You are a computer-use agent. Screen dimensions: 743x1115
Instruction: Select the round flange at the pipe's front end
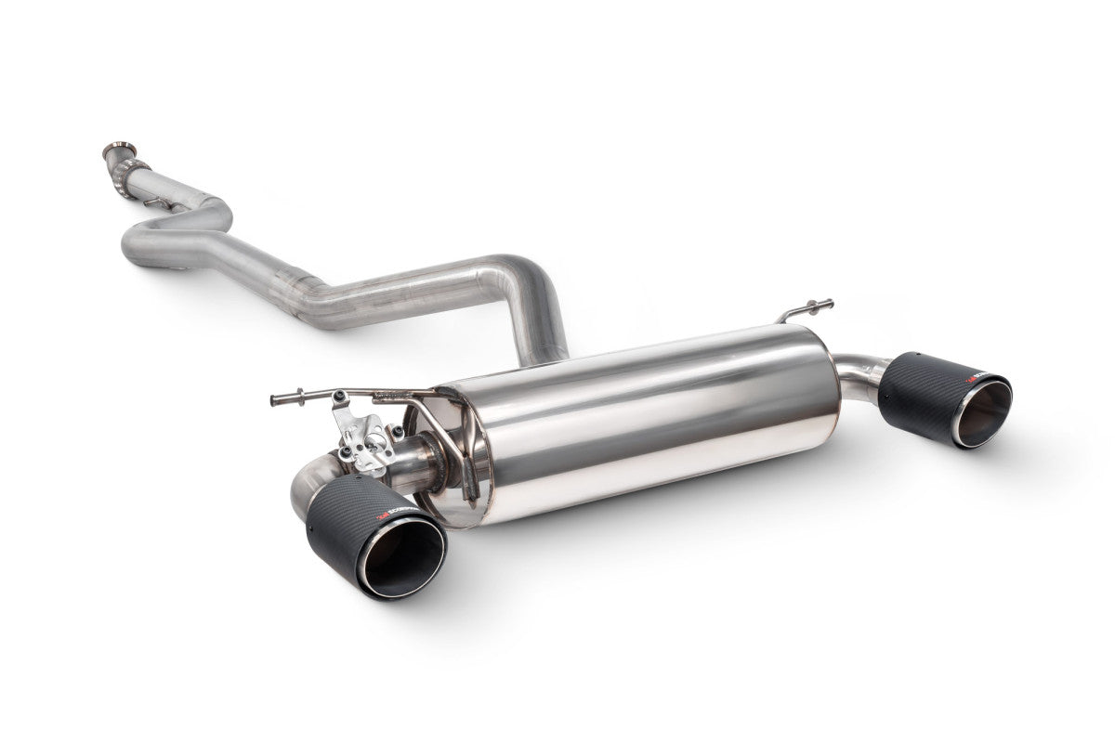click(118, 150)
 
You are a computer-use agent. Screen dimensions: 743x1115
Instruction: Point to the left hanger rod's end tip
click(275, 401)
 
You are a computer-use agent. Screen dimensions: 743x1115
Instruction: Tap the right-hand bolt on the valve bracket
click(398, 432)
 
